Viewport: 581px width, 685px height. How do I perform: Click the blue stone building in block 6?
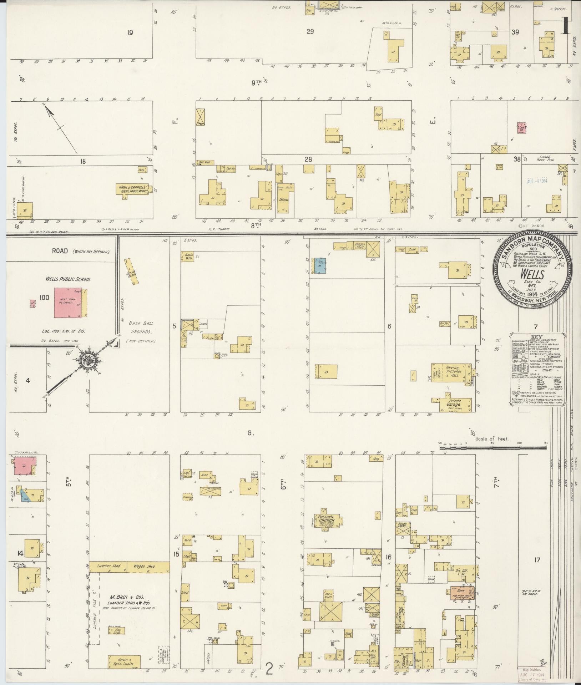(x=320, y=266)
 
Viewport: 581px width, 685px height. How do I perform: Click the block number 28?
(x=308, y=159)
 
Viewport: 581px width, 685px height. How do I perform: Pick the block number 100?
(x=44, y=297)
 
